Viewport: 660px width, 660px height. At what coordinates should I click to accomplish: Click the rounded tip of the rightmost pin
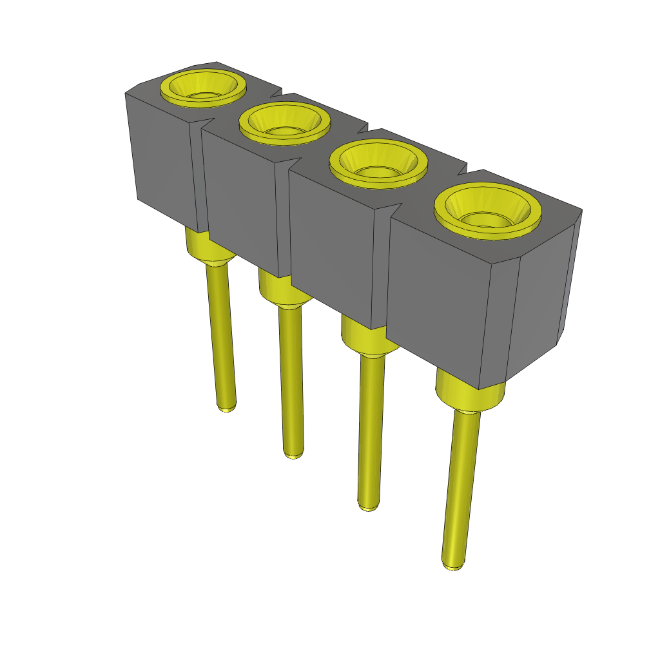click(x=452, y=565)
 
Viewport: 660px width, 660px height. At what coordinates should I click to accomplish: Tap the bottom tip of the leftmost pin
click(x=226, y=407)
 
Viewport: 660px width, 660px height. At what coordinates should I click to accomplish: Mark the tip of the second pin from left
click(x=293, y=454)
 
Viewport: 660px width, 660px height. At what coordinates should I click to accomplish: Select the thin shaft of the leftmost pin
click(x=220, y=335)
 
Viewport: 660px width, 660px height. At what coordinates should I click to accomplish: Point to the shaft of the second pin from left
click(x=290, y=380)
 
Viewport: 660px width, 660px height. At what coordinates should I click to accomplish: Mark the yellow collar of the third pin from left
click(x=364, y=338)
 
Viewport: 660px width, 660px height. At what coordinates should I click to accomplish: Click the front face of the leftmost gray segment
click(x=164, y=161)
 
